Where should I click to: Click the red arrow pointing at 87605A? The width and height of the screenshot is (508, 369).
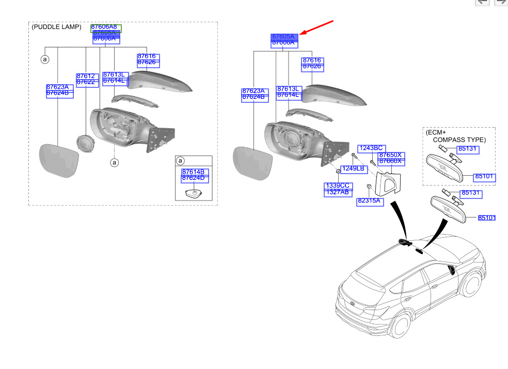[317, 28]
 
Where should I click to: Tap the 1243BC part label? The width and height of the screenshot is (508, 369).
[372, 148]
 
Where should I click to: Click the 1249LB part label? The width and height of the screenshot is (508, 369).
[353, 169]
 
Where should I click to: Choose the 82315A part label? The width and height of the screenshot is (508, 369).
[370, 202]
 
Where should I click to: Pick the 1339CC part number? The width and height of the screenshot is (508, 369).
[337, 186]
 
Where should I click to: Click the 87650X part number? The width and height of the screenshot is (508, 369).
[392, 155]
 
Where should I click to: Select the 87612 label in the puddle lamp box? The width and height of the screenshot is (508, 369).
[85, 76]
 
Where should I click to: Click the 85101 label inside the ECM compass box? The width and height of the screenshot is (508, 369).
[485, 177]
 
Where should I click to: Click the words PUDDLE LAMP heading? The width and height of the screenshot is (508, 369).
[57, 27]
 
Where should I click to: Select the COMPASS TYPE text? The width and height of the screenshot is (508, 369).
[458, 140]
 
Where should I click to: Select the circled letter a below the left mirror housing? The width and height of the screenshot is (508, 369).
[115, 163]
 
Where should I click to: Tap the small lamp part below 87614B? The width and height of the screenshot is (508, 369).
[193, 193]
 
